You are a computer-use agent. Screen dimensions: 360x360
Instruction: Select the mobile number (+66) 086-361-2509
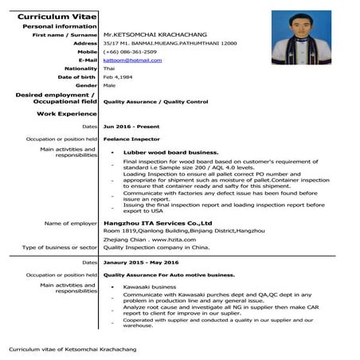[x=129, y=51]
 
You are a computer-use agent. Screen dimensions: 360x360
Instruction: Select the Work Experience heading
[x=67, y=114]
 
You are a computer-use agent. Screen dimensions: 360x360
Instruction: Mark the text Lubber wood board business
[x=170, y=152]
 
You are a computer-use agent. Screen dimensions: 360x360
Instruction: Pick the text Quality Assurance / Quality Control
[x=156, y=102]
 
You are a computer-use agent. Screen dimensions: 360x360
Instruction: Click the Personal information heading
[x=60, y=25]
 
